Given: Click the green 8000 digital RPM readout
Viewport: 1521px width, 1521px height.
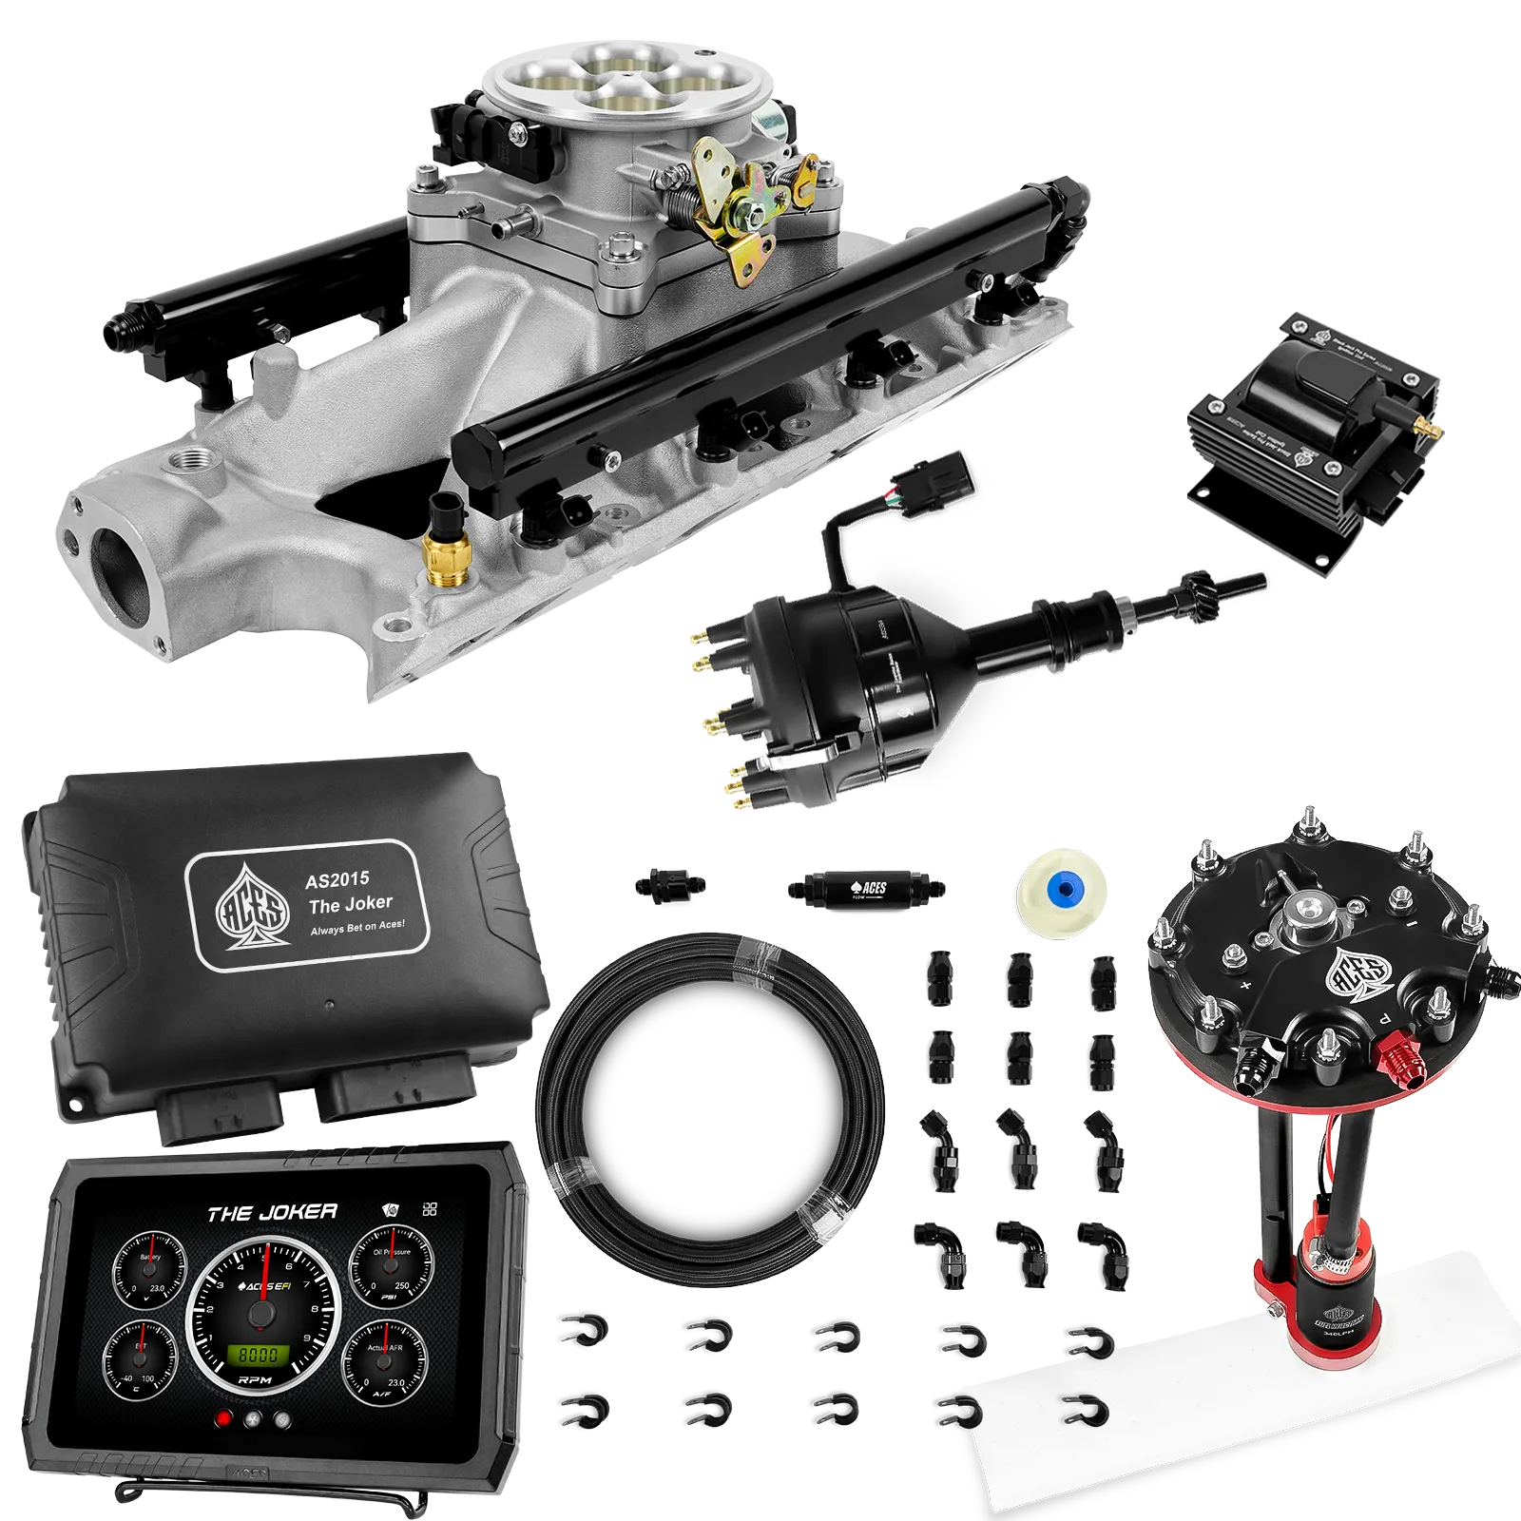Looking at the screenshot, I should point(258,1354).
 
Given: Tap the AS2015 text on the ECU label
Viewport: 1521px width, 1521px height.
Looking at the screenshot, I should point(337,880).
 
